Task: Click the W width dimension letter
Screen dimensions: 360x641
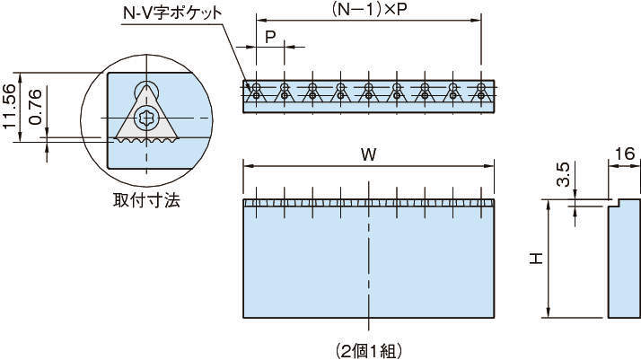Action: click(x=368, y=154)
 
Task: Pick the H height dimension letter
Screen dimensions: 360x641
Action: click(x=535, y=259)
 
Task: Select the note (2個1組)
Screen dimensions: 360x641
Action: click(x=369, y=345)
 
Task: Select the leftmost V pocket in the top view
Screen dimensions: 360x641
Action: click(x=257, y=92)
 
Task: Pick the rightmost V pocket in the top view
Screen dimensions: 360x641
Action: click(x=483, y=92)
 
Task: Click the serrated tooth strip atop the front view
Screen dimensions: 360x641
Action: click(x=368, y=203)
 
